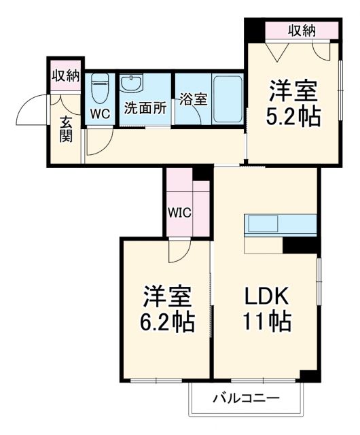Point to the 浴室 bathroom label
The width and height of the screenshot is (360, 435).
point(194,99)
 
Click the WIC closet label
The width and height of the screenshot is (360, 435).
point(180,211)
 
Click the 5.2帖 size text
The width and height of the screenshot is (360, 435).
point(294,118)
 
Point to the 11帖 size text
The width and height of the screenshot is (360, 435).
point(267,320)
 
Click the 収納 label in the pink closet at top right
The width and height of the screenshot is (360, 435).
point(302,30)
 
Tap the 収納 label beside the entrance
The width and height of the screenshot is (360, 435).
point(65,75)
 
